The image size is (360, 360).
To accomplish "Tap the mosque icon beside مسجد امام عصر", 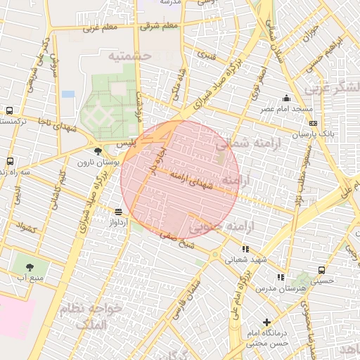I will point(286,98).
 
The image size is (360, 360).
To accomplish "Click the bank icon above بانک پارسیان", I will point(313,123).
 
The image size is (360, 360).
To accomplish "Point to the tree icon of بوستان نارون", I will point(98,150).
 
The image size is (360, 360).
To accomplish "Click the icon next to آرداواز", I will point(118,212).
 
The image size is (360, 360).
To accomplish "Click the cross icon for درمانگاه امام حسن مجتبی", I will point(266,323).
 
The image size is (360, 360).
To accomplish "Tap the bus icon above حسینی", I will point(322,270).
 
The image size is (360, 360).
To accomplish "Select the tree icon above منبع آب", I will point(30,266).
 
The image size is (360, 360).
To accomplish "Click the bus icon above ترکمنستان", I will point(9,110).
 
